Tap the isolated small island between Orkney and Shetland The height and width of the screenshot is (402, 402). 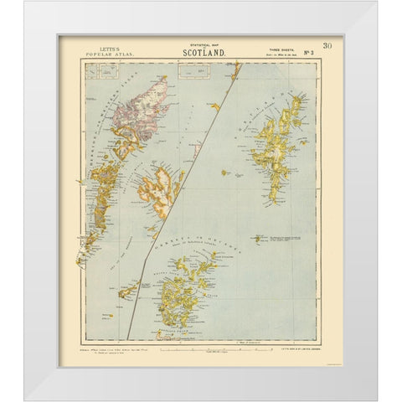[x=257, y=239]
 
